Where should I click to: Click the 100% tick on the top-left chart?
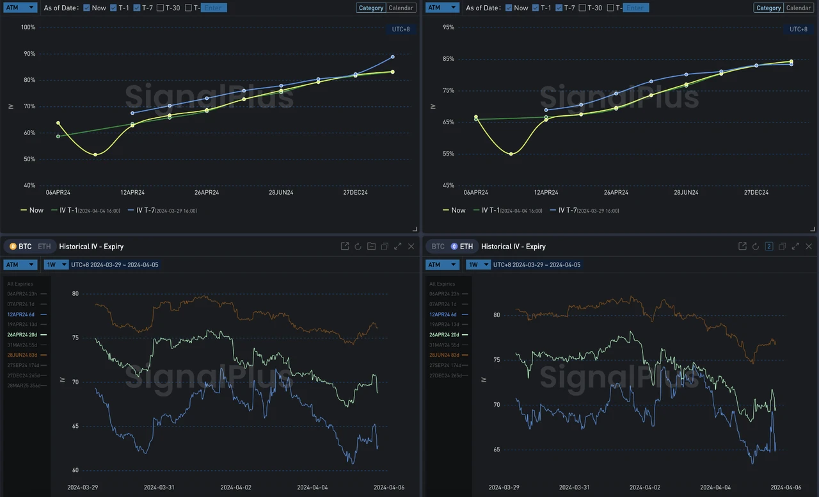(x=28, y=28)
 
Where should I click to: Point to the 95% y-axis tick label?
(x=449, y=28)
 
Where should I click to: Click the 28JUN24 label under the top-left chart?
(x=281, y=192)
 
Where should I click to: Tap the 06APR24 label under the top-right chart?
(x=475, y=192)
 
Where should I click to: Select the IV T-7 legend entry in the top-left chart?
(x=162, y=210)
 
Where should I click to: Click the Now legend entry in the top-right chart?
(x=454, y=210)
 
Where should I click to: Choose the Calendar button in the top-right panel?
(x=798, y=8)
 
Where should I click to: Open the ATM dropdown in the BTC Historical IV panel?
(x=20, y=265)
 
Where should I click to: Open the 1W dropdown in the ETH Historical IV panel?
(x=478, y=265)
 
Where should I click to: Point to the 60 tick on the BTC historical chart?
(x=75, y=470)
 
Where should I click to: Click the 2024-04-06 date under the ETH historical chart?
(x=785, y=487)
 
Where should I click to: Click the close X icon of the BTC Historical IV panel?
(x=411, y=247)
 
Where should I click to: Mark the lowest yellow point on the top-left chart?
(x=95, y=154)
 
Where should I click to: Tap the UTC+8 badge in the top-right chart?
(x=798, y=29)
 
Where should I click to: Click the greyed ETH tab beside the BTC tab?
(x=44, y=247)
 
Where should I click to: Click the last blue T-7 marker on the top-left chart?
(x=392, y=57)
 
